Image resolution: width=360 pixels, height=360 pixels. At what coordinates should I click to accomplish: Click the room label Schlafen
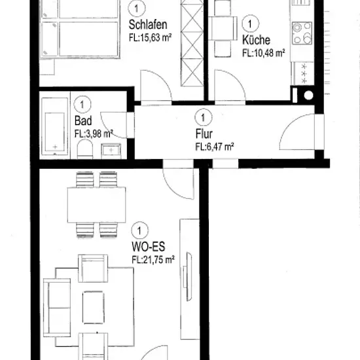148,25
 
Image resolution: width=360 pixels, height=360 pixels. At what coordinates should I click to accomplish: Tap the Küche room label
256,40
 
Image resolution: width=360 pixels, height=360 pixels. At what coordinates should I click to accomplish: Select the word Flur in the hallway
204,134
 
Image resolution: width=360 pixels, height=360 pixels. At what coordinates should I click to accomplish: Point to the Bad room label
83,121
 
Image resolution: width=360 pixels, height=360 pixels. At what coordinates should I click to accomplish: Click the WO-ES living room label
149,247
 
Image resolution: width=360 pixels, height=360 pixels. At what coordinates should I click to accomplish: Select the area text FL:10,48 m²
264,53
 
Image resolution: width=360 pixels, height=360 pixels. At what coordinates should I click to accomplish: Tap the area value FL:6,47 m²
215,147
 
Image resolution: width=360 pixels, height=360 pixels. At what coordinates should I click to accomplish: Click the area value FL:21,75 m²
153,260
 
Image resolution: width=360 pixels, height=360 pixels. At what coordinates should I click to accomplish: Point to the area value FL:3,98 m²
94,134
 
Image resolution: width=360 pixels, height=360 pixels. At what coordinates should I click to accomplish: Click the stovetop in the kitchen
302,33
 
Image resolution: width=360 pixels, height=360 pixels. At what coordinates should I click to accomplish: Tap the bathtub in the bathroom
54,126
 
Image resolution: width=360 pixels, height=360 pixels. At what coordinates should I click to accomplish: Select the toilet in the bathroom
85,149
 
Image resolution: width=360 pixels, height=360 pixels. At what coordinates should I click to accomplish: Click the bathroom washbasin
111,151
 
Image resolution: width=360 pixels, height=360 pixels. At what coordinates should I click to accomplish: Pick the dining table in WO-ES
96,205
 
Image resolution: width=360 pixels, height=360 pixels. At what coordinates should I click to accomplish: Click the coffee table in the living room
93,308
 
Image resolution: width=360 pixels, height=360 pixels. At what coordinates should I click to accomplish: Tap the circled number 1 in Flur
204,118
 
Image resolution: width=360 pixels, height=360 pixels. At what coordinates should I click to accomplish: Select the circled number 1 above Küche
250,24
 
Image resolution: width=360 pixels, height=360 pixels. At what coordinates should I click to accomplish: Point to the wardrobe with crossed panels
192,43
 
